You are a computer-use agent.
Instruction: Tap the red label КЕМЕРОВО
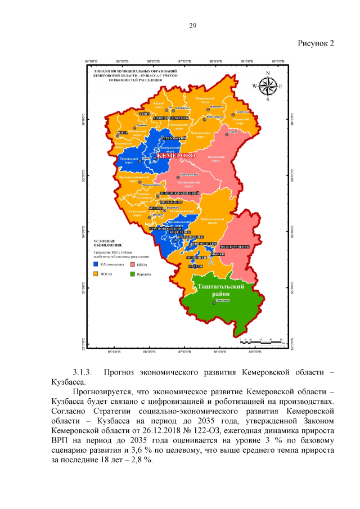[175, 155]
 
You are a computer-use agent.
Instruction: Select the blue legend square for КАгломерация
[96, 264]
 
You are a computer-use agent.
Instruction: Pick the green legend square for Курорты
[132, 274]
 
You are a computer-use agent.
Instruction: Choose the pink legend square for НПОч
[132, 264]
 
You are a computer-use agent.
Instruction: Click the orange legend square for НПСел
[96, 274]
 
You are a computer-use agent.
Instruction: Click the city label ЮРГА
[121, 133]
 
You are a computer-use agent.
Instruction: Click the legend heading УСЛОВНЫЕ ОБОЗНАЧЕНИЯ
[107, 243]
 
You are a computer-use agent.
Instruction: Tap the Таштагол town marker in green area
[214, 303]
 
